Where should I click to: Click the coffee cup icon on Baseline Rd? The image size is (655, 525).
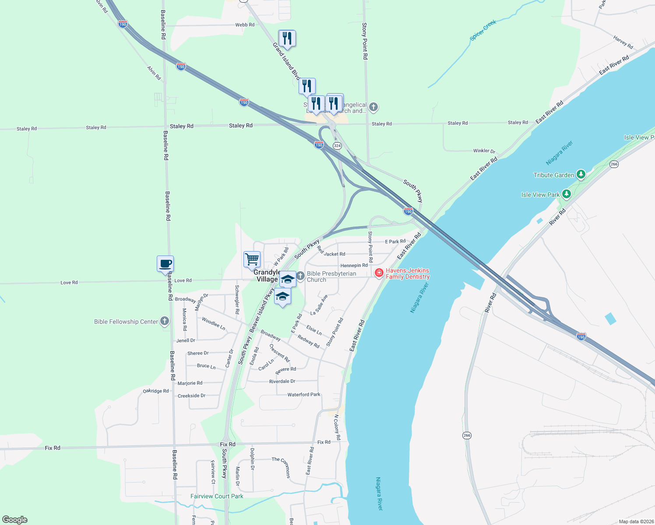[165, 264]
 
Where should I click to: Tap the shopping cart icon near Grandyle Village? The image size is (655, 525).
[252, 259]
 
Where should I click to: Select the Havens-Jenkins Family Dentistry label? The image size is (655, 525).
[407, 273]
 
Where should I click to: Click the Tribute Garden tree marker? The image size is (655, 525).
[581, 175]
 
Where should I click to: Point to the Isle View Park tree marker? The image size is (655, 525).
[567, 194]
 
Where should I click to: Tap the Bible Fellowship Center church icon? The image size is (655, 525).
[165, 321]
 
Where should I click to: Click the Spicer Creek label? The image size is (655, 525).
[483, 30]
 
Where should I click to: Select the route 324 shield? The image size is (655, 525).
[337, 145]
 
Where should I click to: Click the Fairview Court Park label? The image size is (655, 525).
[217, 496]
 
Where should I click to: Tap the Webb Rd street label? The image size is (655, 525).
[245, 25]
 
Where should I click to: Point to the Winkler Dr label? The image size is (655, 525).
[484, 151]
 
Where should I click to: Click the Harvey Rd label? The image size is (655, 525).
[623, 42]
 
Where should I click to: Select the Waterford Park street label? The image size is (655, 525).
[304, 395]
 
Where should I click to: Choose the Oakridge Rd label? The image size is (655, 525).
[156, 391]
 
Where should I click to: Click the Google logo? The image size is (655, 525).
[15, 520]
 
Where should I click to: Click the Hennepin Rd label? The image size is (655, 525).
[354, 266]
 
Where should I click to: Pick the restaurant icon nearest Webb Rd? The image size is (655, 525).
[287, 38]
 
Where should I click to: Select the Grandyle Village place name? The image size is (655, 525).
[267, 276]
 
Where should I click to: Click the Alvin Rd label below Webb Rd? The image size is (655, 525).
[154, 73]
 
